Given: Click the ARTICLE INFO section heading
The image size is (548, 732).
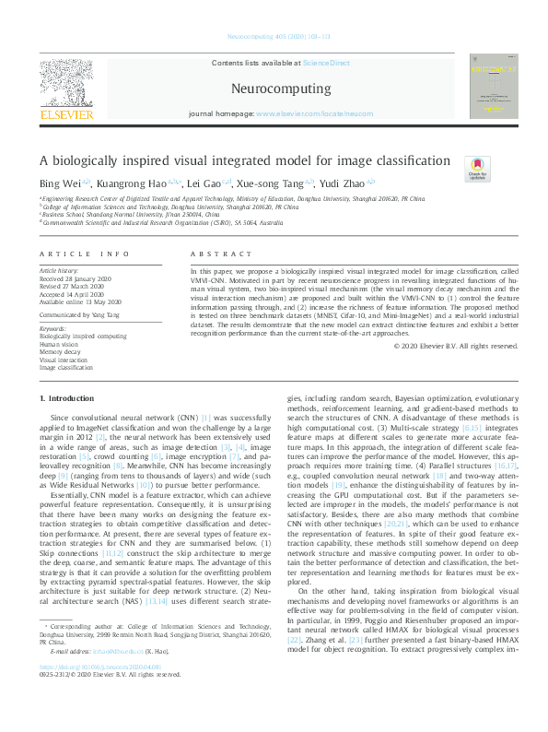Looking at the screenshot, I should [x=78, y=253].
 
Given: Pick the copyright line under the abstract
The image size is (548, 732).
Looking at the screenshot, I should [x=455, y=346].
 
